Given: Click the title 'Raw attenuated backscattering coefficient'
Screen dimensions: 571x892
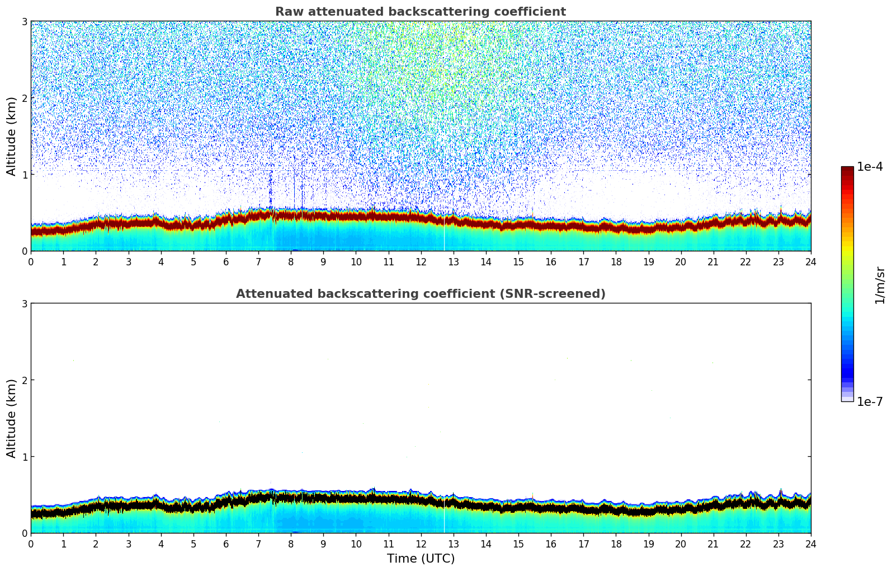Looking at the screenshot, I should [420, 12].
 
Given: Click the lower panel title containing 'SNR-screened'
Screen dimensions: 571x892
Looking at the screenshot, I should [420, 294].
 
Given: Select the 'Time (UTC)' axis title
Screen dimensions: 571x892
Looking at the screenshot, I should [421, 559].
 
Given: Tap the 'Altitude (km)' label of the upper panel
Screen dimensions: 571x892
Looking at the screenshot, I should [12, 136].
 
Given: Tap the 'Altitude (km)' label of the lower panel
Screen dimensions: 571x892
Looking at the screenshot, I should [12, 418].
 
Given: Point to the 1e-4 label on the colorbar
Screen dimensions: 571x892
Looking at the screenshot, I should [870, 167].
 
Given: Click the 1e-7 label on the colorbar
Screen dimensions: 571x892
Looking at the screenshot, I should [870, 402].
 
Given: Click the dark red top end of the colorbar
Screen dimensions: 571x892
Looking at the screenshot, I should [847, 170].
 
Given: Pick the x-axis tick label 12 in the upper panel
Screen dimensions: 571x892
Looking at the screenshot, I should [421, 261].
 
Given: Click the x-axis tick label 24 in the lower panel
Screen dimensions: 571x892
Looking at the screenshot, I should [810, 544].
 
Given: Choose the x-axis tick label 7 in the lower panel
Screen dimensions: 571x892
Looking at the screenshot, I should [258, 544].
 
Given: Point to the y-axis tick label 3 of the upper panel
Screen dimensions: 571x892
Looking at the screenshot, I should [24, 21].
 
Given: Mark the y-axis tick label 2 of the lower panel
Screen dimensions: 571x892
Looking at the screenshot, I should [24, 380].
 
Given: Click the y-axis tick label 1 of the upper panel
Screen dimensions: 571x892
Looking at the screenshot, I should [24, 175].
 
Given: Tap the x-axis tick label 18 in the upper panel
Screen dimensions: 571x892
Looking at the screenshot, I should [616, 261].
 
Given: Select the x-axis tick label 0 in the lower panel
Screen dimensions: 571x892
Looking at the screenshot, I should [31, 544].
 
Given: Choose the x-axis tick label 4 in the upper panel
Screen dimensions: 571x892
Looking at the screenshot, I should [161, 261].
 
